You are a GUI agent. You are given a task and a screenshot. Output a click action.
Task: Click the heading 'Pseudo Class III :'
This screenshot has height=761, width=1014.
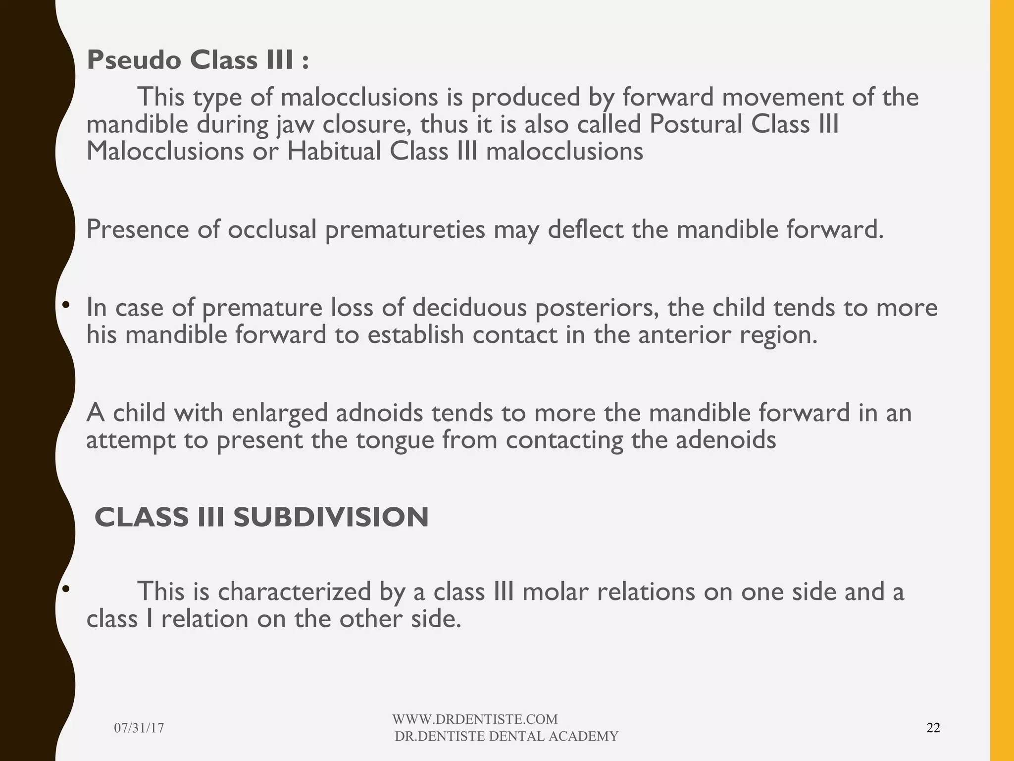click(x=198, y=61)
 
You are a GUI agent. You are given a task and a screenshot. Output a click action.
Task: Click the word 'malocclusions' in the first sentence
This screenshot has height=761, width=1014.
click(x=359, y=97)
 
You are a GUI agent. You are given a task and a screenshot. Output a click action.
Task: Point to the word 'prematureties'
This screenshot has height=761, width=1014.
click(x=405, y=229)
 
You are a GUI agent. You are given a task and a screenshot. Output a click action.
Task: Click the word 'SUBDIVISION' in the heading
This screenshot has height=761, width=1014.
click(x=331, y=517)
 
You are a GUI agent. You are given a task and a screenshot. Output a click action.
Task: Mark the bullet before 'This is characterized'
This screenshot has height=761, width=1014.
click(x=65, y=589)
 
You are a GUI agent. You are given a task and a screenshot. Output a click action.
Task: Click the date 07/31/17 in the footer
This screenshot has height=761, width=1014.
click(x=139, y=728)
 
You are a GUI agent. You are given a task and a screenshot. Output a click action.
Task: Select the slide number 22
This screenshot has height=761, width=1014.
click(x=933, y=728)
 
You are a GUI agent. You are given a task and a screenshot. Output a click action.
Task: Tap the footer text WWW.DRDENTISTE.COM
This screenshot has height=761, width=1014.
click(x=475, y=719)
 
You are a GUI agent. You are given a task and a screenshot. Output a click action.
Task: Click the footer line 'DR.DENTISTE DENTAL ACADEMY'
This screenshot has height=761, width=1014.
click(x=507, y=736)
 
